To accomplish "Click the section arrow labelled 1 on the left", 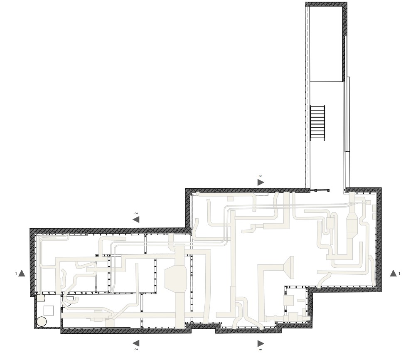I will pyautogui.click(x=22, y=274).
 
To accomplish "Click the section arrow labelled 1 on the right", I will pyautogui.click(x=393, y=273).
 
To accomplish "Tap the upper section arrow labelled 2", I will pyautogui.click(x=136, y=219).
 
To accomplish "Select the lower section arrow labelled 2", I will pyautogui.click(x=136, y=343).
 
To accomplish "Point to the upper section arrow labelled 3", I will pyautogui.click(x=261, y=182).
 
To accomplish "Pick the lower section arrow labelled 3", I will pyautogui.click(x=261, y=343).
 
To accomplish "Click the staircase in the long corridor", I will pyautogui.click(x=318, y=123).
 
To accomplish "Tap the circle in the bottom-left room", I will pyautogui.click(x=42, y=322).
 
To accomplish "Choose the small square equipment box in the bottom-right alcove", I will pyautogui.click(x=289, y=299).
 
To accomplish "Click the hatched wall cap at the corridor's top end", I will pyautogui.click(x=326, y=3).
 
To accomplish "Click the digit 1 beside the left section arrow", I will pyautogui.click(x=16, y=274).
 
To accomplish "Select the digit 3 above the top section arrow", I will pyautogui.click(x=261, y=177).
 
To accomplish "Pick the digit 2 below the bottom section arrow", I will pyautogui.click(x=136, y=349).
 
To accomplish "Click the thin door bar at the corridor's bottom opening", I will pyautogui.click(x=320, y=190).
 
